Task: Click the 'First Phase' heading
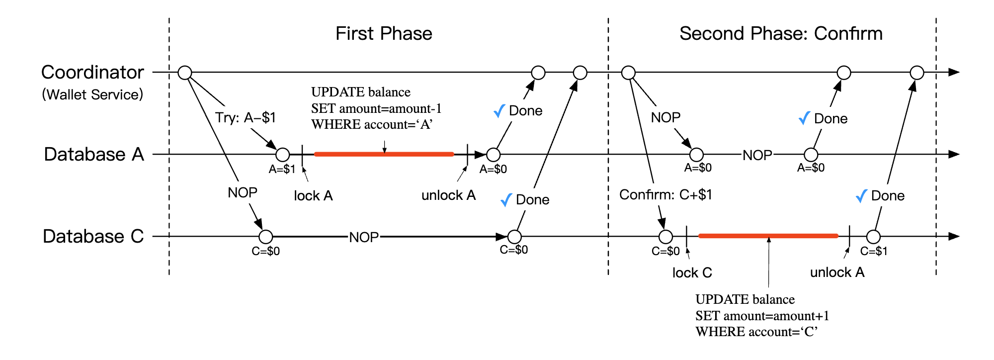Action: point(384,34)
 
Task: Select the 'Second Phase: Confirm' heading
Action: point(781,34)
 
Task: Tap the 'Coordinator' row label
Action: point(92,73)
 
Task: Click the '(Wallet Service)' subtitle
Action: point(92,94)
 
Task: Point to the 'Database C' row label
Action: point(93,236)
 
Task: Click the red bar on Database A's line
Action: point(384,154)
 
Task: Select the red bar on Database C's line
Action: point(768,236)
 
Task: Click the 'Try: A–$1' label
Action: point(245,118)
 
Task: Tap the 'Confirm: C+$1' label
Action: point(665,194)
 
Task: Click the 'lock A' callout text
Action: point(313,196)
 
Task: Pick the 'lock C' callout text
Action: point(692,273)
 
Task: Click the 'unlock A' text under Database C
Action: point(837,272)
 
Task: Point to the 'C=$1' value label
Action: point(874,252)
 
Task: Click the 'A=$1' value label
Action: point(282,170)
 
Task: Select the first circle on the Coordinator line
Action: point(185,73)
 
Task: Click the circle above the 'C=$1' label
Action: point(873,237)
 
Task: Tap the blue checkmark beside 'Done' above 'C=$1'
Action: point(861,196)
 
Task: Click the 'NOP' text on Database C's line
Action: point(364,237)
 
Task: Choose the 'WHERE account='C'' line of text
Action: point(756,332)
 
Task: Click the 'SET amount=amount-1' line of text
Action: point(376,108)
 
